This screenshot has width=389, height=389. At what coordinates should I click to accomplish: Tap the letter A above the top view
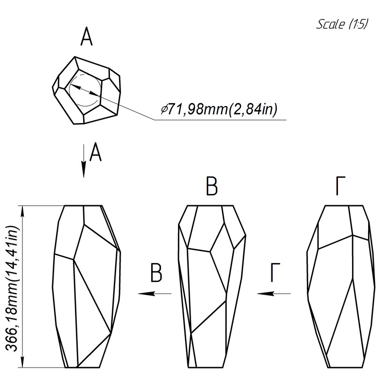[x=87, y=38]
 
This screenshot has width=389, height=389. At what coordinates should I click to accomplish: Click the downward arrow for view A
[x=84, y=160]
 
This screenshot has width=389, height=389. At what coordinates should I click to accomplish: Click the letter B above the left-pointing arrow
[x=156, y=273]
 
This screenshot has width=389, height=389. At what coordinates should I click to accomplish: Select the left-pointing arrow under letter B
[x=155, y=293]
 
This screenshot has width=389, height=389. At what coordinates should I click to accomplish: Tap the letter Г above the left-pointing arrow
[x=275, y=273]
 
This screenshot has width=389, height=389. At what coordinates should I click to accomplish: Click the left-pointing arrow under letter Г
[x=274, y=293]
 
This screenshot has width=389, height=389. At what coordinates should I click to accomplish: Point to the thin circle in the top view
[x=85, y=91]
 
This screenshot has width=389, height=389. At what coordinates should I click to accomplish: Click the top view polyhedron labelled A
[x=87, y=90]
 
